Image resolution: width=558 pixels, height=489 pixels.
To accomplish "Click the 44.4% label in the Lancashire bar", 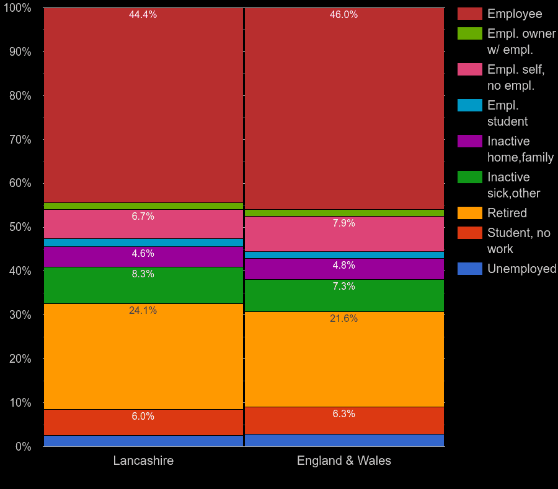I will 143,15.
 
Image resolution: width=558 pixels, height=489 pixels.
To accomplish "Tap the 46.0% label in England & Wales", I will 343,15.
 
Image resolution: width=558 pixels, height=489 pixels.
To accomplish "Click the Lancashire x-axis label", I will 143,461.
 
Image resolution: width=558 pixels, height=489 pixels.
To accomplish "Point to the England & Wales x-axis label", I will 344,461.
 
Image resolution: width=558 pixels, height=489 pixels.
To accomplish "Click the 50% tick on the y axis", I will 20,227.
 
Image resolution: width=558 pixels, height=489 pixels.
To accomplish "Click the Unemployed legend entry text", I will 521,269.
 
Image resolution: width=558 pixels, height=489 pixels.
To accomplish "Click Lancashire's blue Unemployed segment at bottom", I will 143,441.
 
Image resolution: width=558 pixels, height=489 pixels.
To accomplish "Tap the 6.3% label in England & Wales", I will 343,414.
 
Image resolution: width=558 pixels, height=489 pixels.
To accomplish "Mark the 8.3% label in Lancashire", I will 143,274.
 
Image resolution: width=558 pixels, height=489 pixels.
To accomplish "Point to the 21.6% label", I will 343,319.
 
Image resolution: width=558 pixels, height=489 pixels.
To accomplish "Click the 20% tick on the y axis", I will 20,359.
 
